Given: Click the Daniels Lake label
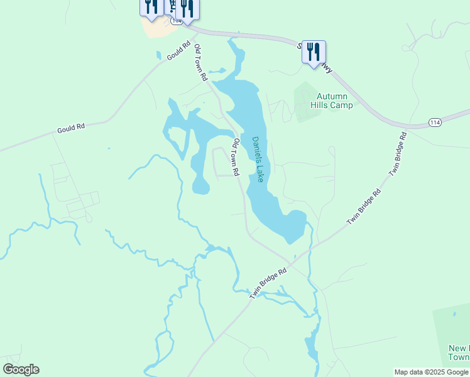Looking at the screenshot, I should coord(258,160).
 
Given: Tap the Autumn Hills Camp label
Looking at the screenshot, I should coord(332,101).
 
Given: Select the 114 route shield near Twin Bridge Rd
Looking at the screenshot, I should coord(435,122).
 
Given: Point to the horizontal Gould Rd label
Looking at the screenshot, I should coord(70,128).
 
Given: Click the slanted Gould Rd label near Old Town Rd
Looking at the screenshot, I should coord(179,51).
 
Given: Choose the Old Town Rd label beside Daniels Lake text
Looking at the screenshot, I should coord(236,157).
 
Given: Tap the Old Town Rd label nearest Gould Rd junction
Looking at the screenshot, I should coord(200,63).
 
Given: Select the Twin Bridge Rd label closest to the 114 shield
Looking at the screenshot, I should coord(398,153).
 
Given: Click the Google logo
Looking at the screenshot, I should coord(21,369).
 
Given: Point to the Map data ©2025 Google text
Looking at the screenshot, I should coord(431,372).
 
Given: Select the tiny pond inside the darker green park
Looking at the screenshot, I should coord(452,312).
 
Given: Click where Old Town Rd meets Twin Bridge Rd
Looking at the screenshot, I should coord(292,259).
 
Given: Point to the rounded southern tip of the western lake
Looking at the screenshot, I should coord(201,187).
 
